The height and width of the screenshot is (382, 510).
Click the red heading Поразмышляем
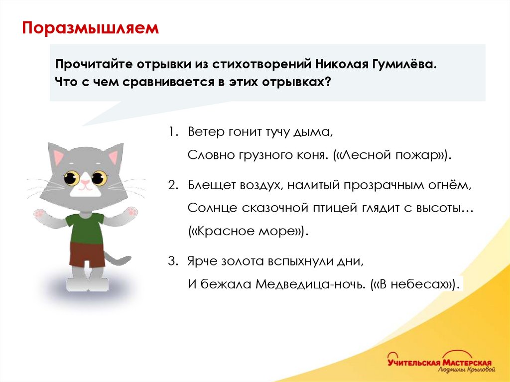90,28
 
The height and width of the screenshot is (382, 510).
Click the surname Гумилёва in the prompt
404,65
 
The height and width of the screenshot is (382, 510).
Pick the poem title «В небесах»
413,284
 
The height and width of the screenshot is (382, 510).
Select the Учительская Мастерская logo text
440,363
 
